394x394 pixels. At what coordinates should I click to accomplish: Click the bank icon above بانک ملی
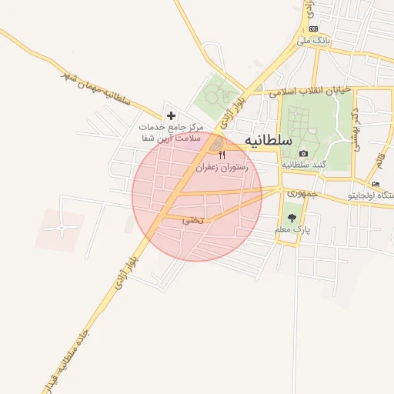pos(313,28)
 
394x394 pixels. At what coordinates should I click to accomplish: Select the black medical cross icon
pos(171,115)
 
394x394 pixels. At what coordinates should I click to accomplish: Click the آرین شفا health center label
pos(170,132)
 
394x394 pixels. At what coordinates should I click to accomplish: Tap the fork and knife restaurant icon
pos(222,155)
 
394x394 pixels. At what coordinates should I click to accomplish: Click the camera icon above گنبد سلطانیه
pos(303,154)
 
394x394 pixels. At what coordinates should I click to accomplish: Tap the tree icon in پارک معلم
pos(291,219)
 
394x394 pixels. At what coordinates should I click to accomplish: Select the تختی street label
pos(192,220)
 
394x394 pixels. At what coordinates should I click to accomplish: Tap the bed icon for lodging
pos(376,184)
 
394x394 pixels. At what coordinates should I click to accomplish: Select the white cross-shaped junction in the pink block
pos(61,229)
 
